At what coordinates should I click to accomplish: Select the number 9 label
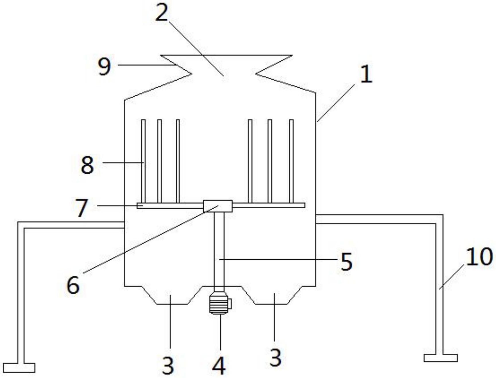[x=104, y=66]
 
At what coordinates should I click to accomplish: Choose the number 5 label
[x=346, y=262]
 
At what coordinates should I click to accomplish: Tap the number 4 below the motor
[x=219, y=365]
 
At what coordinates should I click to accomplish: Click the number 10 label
[x=479, y=257]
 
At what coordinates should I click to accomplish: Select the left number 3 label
[x=168, y=365]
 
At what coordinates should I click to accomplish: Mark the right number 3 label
[x=275, y=357]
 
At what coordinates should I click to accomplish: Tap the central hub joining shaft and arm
[x=218, y=206]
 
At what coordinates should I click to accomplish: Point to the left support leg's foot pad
[x=19, y=367]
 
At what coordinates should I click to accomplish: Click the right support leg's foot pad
[x=440, y=358]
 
